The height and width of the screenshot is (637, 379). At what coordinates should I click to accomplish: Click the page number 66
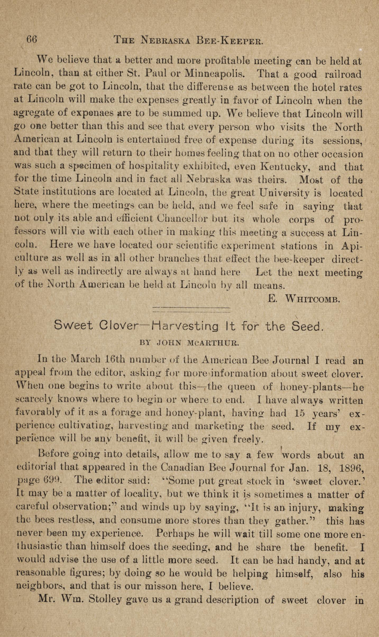point(31,40)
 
